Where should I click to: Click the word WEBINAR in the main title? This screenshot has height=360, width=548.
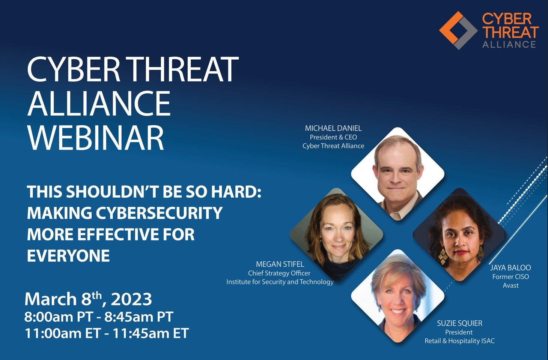(x=95, y=138)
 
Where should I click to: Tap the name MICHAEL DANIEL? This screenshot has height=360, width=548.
(x=333, y=128)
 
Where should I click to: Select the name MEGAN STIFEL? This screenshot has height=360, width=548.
(x=280, y=264)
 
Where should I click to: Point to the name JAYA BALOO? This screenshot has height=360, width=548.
(x=510, y=268)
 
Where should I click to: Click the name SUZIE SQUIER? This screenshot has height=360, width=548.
(x=460, y=323)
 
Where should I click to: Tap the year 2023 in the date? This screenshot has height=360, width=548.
(x=131, y=299)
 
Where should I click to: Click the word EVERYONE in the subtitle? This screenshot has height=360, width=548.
(x=68, y=256)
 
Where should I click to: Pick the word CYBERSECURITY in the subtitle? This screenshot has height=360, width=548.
(x=159, y=213)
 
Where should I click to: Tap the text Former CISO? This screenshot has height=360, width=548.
(x=510, y=277)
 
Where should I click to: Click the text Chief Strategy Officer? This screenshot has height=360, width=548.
(x=279, y=273)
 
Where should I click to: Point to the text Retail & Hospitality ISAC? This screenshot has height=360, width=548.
(x=459, y=341)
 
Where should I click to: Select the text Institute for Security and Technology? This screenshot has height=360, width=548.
(x=280, y=282)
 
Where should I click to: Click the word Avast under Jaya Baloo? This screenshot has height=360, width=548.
(x=510, y=285)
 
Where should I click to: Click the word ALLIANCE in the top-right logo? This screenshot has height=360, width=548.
(x=509, y=45)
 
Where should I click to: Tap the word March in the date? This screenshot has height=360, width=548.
(x=51, y=299)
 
